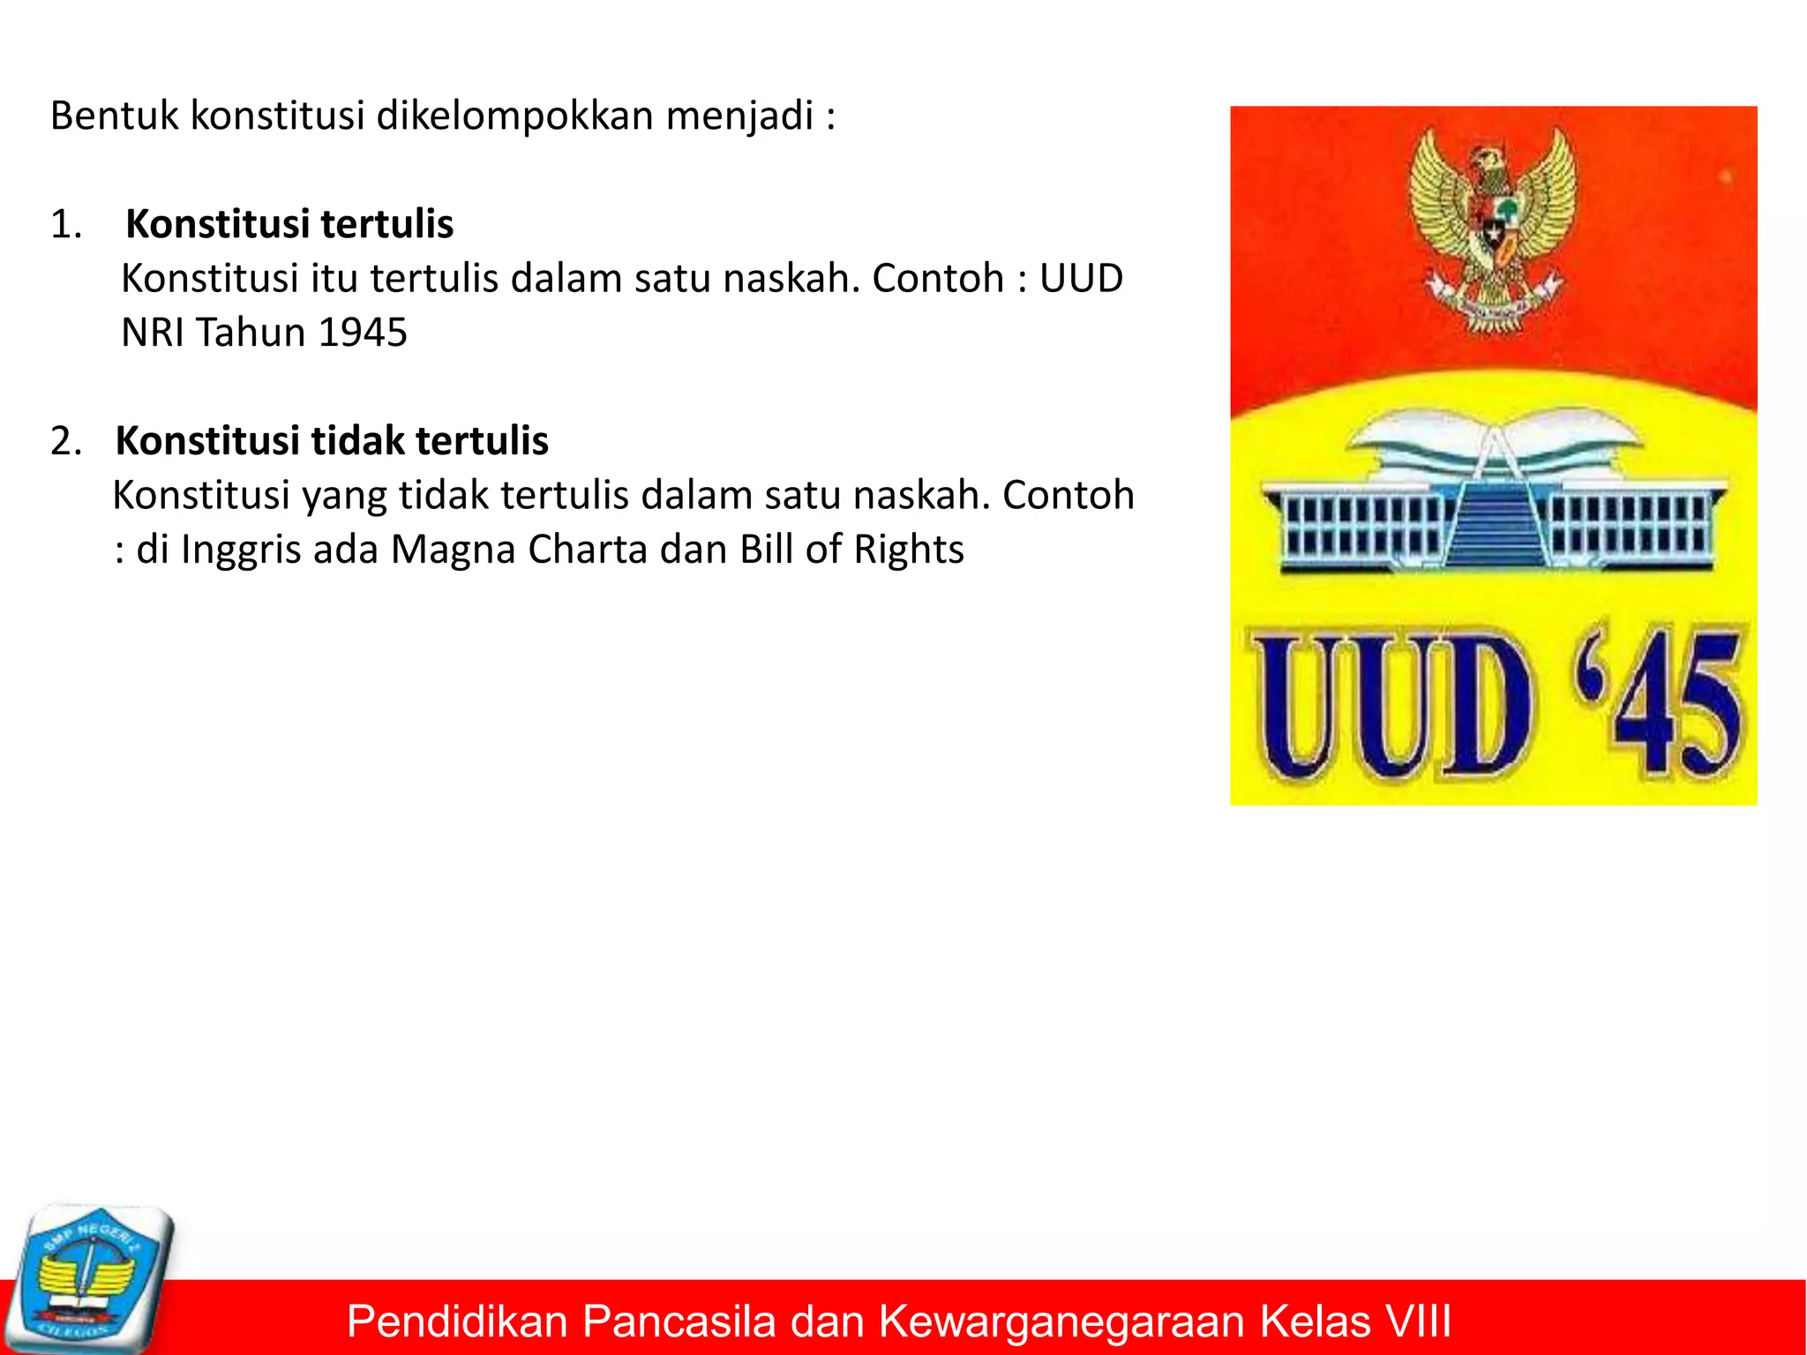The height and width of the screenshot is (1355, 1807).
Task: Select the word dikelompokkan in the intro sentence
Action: tap(514, 116)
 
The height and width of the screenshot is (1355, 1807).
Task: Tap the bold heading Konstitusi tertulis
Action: tap(289, 224)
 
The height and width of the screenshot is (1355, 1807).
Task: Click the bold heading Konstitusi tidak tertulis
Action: tap(332, 440)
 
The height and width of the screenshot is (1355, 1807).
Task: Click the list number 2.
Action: tap(65, 441)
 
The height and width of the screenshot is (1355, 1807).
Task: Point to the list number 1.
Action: tap(65, 225)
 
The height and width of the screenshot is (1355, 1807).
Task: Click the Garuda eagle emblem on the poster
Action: tap(1492, 229)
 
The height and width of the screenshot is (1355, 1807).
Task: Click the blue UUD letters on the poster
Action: tap(1390, 706)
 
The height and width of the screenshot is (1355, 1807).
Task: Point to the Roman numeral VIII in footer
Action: tap(1417, 1321)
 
